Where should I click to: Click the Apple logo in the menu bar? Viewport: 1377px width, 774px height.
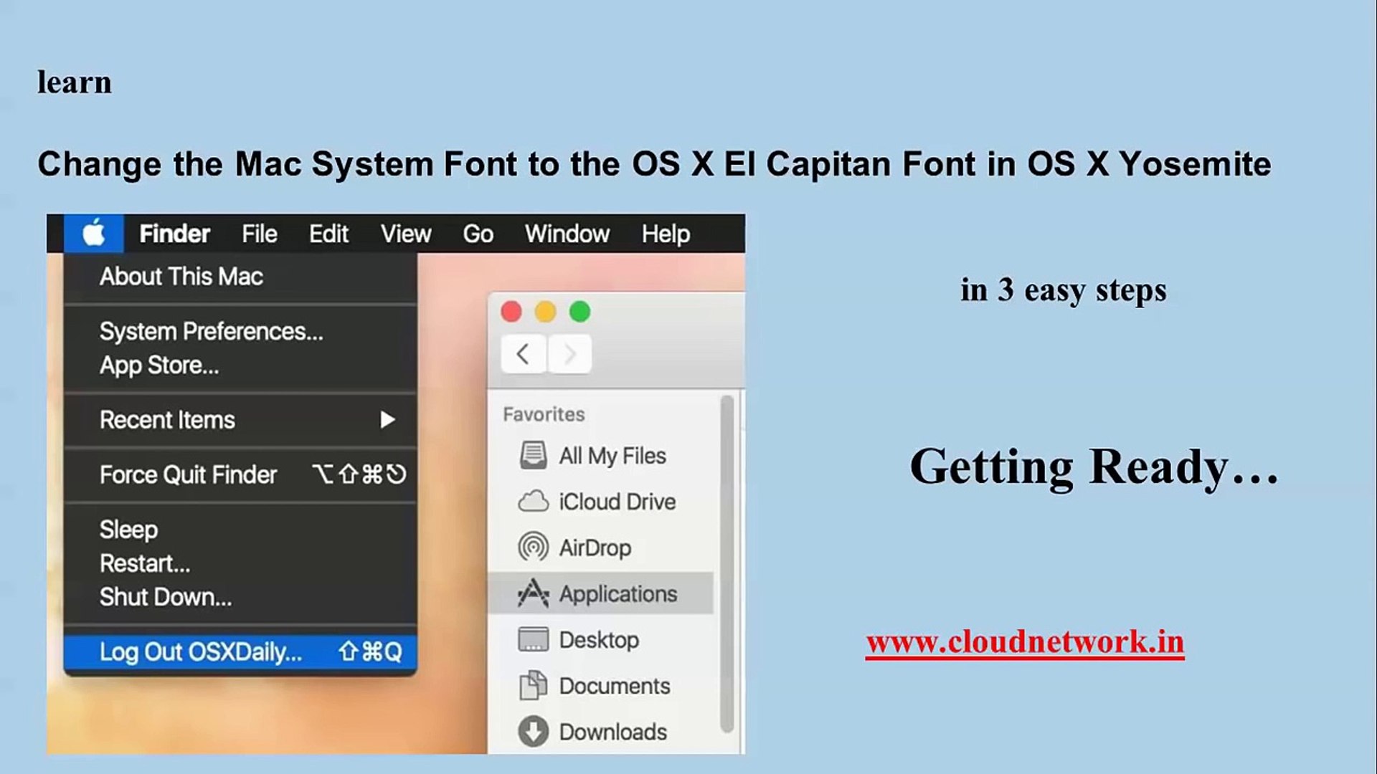(x=94, y=233)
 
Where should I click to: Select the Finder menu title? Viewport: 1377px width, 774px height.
(x=174, y=234)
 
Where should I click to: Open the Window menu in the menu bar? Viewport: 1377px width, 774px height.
(x=567, y=234)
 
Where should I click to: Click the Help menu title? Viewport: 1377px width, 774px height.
(x=666, y=234)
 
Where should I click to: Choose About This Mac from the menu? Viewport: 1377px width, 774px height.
(x=181, y=277)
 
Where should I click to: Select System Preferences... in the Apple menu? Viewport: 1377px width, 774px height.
(x=212, y=332)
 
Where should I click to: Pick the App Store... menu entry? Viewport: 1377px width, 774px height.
(x=159, y=365)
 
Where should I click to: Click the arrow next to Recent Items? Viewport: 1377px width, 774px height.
(x=387, y=419)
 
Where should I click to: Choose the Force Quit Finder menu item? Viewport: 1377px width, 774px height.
(x=188, y=474)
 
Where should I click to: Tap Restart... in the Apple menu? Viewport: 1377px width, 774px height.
(x=145, y=563)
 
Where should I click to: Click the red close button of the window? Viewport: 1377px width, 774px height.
(x=511, y=312)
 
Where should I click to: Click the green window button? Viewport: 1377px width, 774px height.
(x=579, y=312)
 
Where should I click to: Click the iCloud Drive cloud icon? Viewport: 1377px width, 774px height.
(x=533, y=502)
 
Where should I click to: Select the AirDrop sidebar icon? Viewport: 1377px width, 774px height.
(x=533, y=548)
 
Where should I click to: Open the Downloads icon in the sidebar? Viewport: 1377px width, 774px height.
(x=533, y=732)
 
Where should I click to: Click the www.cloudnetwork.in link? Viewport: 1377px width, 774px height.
(x=1025, y=641)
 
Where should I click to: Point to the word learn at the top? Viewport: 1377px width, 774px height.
(x=75, y=82)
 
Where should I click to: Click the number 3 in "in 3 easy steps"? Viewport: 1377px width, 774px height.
(x=1005, y=290)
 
